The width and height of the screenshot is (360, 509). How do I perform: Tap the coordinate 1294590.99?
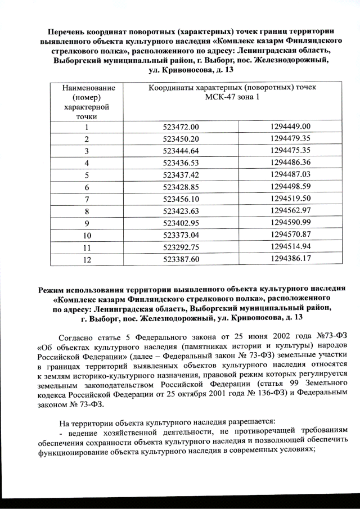click(290, 222)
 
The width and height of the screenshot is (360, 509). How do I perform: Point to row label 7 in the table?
click(87, 199)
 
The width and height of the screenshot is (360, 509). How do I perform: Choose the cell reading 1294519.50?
click(290, 198)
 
